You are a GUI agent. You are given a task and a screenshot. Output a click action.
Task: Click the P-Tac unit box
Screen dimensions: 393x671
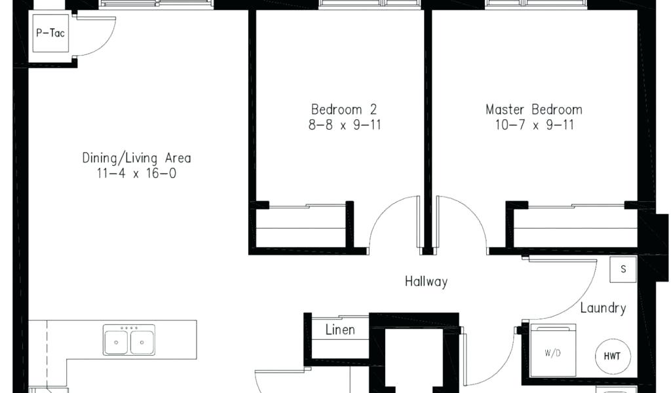click(51, 33)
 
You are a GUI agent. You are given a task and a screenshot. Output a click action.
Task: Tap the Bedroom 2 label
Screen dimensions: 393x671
click(343, 109)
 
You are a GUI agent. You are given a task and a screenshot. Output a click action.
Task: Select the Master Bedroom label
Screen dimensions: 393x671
click(533, 109)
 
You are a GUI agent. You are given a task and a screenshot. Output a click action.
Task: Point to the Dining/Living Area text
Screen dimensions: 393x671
click(136, 158)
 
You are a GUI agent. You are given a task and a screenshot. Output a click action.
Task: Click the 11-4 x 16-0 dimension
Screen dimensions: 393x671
click(136, 174)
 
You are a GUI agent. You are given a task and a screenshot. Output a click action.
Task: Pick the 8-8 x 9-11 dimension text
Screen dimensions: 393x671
click(345, 124)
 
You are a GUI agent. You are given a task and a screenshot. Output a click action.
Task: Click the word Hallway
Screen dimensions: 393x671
click(426, 282)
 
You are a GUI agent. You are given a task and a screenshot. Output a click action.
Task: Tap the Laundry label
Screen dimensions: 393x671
click(603, 308)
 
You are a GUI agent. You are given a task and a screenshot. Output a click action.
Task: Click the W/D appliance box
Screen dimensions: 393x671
click(552, 352)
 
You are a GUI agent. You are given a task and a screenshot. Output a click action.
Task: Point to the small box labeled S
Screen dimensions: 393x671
click(623, 269)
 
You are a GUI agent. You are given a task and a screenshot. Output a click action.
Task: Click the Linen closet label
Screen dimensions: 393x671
click(340, 329)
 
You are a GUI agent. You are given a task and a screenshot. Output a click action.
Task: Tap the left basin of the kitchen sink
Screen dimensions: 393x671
click(117, 342)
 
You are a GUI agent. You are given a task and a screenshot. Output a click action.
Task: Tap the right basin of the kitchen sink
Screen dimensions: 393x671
click(142, 342)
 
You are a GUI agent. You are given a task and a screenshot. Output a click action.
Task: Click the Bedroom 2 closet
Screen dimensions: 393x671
click(301, 227)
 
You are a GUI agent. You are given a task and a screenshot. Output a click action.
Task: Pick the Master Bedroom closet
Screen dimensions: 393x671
click(574, 227)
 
